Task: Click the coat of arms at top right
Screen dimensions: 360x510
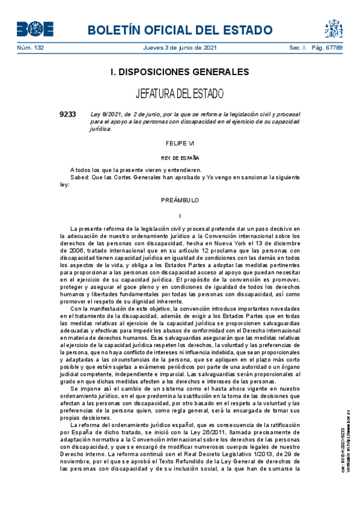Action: [x=334, y=28]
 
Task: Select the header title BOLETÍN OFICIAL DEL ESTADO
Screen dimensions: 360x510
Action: [x=180, y=29]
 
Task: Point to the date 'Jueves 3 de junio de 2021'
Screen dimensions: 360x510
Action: [x=180, y=48]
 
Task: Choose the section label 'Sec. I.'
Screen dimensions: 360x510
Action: [x=299, y=48]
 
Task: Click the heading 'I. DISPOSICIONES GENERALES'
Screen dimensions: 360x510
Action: [x=180, y=72]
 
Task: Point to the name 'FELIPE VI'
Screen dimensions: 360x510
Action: [x=180, y=144]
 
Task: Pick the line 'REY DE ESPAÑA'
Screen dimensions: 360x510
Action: [x=180, y=158]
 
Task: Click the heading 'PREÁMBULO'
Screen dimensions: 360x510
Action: [x=180, y=200]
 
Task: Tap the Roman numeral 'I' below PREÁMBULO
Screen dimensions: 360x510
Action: [x=180, y=215]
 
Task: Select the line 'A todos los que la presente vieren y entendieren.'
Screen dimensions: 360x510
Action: [x=135, y=171]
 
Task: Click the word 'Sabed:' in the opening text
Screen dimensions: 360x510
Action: [x=79, y=178]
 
